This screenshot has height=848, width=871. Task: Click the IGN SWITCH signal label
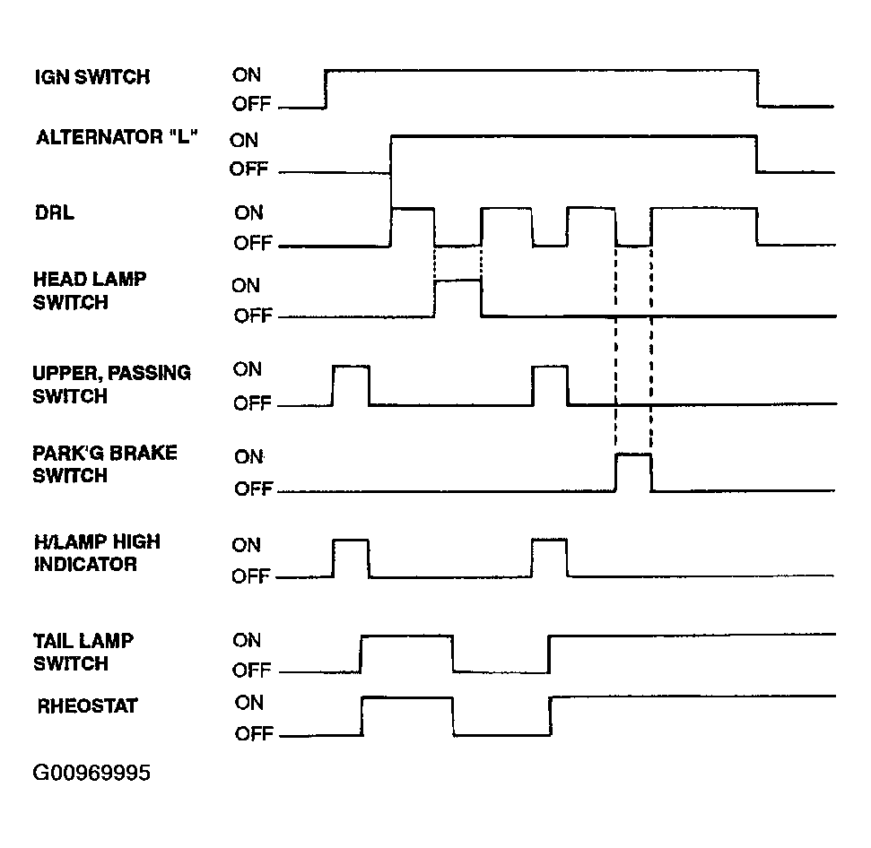pos(92,76)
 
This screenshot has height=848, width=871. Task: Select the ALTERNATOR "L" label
pos(117,136)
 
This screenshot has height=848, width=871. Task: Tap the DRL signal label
pos(55,212)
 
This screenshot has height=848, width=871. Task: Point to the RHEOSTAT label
pos(87,706)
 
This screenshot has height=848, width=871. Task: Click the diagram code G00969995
pos(91,773)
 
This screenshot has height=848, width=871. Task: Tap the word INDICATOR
pos(85,564)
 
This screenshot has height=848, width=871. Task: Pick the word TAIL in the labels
pos(52,641)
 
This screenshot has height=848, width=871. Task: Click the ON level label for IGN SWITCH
pos(247,75)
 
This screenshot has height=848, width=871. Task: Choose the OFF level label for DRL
pos(253,243)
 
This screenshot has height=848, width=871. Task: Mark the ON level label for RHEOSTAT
pos(248,703)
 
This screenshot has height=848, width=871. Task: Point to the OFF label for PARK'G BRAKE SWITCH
pos(253,489)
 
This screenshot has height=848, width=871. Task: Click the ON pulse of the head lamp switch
pos(457,281)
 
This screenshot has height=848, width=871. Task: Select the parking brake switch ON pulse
pos(633,454)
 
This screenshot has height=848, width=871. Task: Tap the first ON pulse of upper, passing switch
pos(351,367)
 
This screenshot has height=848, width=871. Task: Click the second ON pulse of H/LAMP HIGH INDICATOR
pos(549,540)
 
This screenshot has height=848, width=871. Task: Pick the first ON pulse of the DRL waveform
pos(413,209)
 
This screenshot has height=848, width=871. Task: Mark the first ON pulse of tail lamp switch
pos(406,636)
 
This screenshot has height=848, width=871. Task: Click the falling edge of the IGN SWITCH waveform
pos(758,88)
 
